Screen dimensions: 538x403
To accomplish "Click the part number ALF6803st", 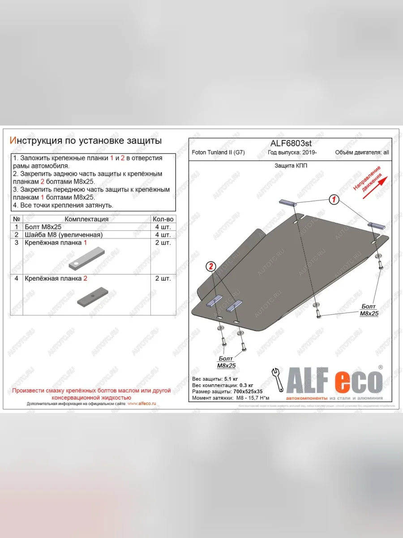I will click(291, 143).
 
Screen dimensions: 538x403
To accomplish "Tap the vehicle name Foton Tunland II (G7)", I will click(218, 152).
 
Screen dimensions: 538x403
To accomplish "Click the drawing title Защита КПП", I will click(291, 165).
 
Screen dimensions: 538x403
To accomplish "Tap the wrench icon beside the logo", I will click(278, 379).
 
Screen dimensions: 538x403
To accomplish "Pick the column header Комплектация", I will click(86, 219).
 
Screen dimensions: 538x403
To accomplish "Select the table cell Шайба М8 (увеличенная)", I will click(64, 235).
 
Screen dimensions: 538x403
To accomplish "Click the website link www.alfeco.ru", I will click(141, 403).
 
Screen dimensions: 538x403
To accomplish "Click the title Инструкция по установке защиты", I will click(86, 141).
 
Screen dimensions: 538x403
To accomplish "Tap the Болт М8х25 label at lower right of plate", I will click(369, 310).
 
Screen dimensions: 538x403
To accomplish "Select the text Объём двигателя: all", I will click(362, 152).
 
